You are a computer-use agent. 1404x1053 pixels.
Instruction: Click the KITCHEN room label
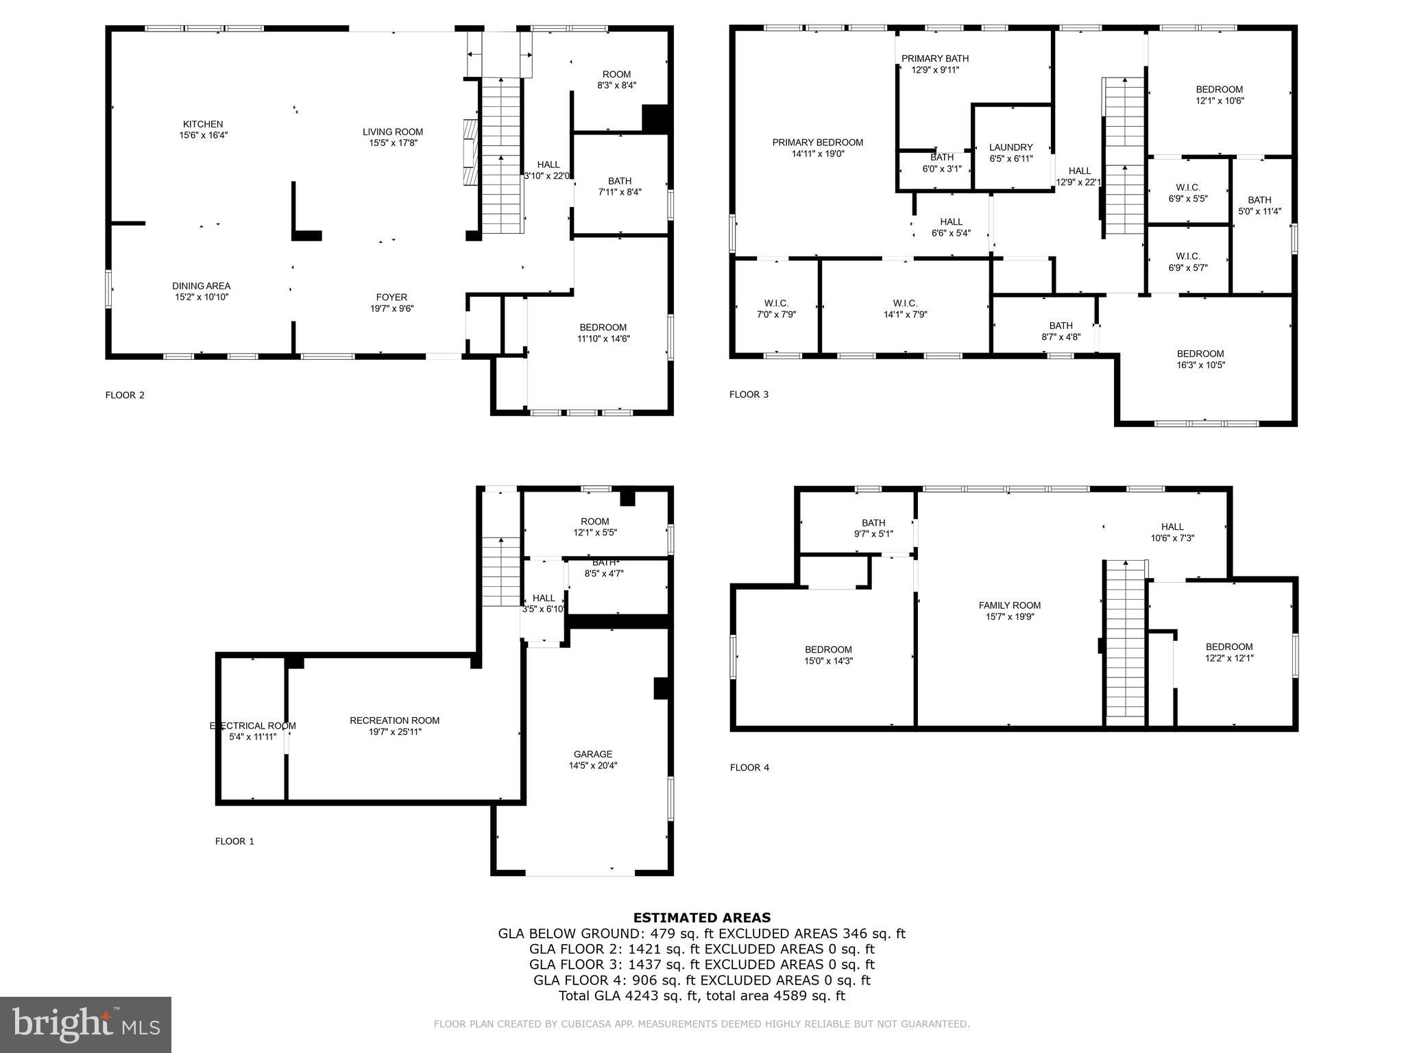tap(203, 125)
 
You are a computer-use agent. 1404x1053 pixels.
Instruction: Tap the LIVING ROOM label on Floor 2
tap(393, 132)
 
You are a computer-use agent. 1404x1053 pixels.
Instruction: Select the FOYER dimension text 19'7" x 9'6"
tap(391, 308)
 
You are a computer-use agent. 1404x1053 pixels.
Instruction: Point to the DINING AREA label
tap(201, 287)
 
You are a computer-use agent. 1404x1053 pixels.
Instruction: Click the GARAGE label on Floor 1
tap(593, 754)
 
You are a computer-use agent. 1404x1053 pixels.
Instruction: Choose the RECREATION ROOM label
tap(394, 721)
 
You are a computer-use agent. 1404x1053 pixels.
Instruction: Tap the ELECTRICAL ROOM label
tap(252, 726)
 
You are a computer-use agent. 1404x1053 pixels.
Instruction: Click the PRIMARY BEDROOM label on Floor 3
tap(817, 143)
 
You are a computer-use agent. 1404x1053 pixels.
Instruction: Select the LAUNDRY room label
tap(1010, 147)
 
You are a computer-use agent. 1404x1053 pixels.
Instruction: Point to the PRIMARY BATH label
tap(934, 59)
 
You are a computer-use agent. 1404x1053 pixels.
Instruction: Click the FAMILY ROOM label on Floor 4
tap(1009, 605)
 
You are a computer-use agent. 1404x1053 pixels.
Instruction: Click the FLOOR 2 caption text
tap(125, 395)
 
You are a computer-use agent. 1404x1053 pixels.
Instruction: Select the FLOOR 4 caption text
tap(749, 768)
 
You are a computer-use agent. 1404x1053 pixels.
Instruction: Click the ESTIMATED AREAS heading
tap(701, 917)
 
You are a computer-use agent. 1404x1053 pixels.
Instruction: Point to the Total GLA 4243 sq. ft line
tap(701, 995)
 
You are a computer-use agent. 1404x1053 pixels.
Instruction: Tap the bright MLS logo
tap(86, 1025)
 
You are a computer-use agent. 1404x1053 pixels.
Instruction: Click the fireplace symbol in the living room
tap(470, 152)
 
